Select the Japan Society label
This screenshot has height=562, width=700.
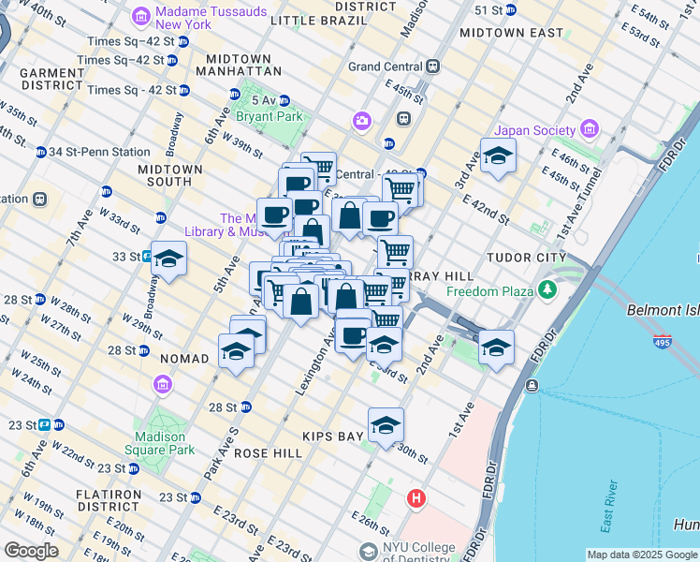point(537,130)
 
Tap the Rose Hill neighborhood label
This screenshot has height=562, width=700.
point(269,452)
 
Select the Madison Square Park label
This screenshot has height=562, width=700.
point(165,442)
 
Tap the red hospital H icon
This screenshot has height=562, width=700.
point(416,499)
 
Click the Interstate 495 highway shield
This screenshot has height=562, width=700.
point(663,342)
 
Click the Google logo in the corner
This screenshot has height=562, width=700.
point(31,551)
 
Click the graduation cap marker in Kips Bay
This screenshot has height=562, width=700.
point(386,425)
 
